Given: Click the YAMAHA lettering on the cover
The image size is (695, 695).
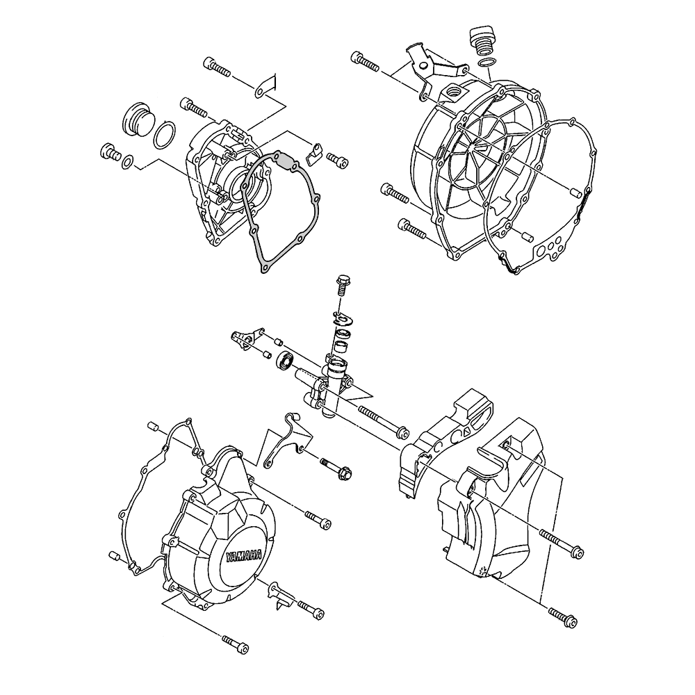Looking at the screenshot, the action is [x=243, y=556].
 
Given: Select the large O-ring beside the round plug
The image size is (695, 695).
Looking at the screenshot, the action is [x=164, y=135].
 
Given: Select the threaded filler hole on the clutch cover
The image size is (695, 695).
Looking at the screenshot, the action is [x=454, y=92].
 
